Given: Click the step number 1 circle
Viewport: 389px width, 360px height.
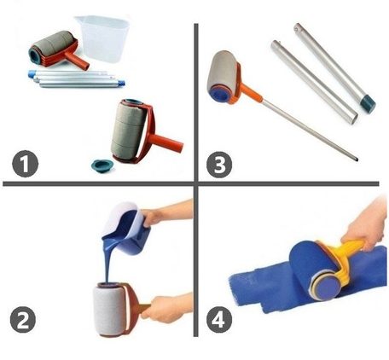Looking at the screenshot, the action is coord(25,164).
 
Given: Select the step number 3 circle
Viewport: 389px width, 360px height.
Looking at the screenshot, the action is coord(219,164).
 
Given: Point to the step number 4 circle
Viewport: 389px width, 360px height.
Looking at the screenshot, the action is coord(219,320).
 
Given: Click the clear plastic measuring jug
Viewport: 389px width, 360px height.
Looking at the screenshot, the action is coord(102,39).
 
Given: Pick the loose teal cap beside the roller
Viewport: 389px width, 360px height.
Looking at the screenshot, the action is coord(102,165).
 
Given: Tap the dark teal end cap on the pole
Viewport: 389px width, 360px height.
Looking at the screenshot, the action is coord(367,104).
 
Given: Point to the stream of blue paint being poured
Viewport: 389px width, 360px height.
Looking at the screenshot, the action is coord(107,262).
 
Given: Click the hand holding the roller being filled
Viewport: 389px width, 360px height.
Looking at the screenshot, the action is coord(165,309).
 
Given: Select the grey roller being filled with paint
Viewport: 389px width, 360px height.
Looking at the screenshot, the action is coord(109,310).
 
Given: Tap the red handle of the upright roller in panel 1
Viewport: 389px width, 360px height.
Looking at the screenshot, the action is coord(165,143).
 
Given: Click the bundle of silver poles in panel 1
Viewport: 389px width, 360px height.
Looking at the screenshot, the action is coord(77,78).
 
